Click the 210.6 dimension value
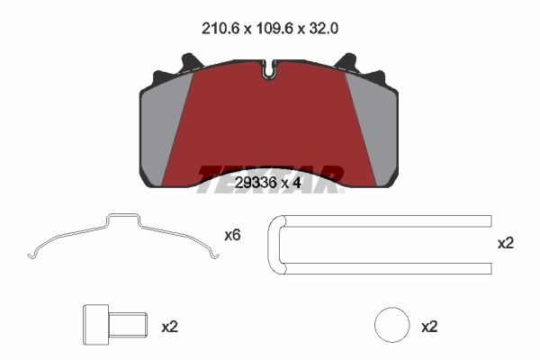pos(220,28)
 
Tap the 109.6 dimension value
pos(274,28)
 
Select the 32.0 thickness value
pos(323,28)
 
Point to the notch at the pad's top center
pos(269,70)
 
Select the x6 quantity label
pos(232,236)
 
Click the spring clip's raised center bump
pos(123,216)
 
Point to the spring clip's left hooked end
pos(31,256)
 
